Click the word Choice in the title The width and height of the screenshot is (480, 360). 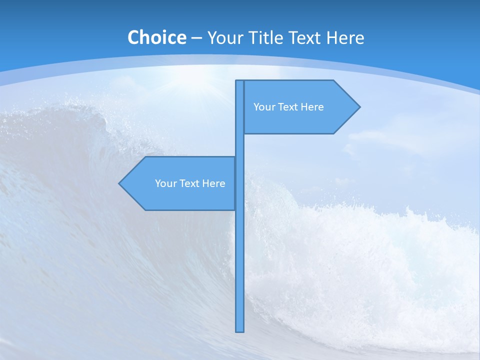click(x=156, y=37)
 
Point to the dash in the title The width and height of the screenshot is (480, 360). click(x=196, y=38)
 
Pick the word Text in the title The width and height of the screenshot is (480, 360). click(x=309, y=37)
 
